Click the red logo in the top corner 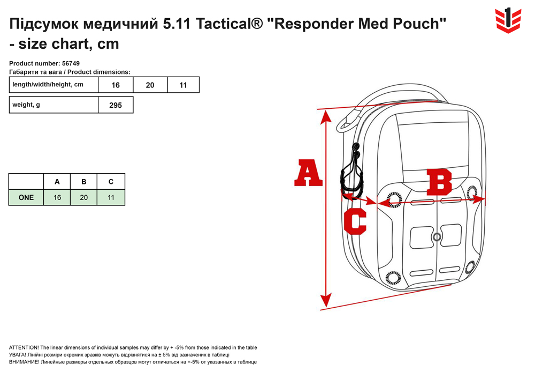[x=508, y=20]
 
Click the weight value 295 [x=116, y=105]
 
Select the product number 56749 [x=71, y=63]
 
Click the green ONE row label [x=26, y=197]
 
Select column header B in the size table [x=83, y=182]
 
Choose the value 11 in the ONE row [x=111, y=197]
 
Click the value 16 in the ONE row [x=57, y=197]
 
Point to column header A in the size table [x=57, y=182]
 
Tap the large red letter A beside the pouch [x=308, y=173]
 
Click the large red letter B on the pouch [x=439, y=182]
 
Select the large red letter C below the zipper [x=355, y=221]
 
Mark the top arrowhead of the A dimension [x=326, y=116]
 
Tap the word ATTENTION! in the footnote [x=24, y=347]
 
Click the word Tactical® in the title [x=230, y=24]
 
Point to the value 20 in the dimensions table [x=150, y=85]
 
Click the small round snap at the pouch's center [x=437, y=236]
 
